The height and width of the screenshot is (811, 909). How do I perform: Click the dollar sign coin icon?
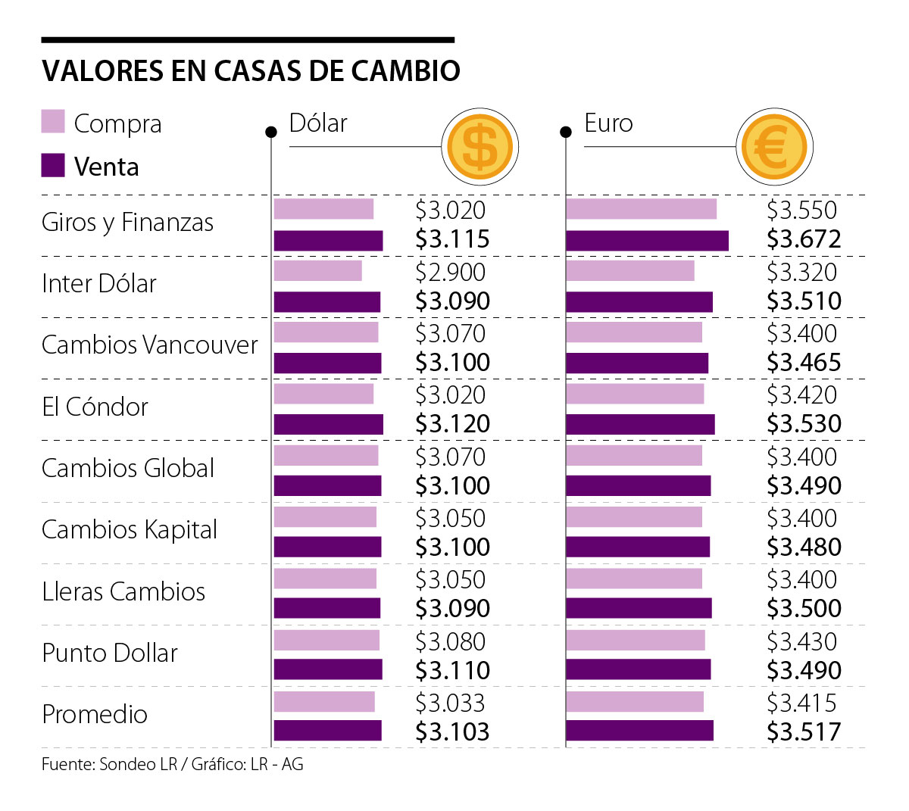[479, 147]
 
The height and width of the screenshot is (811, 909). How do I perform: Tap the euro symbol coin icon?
[773, 147]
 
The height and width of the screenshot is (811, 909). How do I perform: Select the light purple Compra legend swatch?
[53, 122]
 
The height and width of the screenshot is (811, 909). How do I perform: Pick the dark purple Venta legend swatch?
[53, 165]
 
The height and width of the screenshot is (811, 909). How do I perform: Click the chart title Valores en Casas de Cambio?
[251, 70]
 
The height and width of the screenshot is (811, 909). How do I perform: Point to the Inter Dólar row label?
[99, 284]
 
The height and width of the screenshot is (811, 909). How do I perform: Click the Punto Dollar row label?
[110, 653]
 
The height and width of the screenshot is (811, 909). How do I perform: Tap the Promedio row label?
[95, 714]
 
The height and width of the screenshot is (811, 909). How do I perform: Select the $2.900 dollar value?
[450, 272]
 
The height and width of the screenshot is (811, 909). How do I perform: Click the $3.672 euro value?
[804, 239]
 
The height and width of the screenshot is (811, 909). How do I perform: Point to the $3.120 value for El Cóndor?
[452, 423]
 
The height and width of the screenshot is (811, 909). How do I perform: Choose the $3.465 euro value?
[804, 362]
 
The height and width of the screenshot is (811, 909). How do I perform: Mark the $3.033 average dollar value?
[450, 703]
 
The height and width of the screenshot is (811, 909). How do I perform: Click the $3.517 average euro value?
[804, 731]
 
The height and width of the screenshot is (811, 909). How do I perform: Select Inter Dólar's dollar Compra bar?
[318, 270]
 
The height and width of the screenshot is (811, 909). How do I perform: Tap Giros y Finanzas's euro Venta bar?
[647, 241]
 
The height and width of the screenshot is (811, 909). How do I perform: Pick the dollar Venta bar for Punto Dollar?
[328, 669]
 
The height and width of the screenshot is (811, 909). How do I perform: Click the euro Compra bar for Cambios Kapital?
[634, 516]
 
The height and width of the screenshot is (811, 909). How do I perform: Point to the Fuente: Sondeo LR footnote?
[172, 765]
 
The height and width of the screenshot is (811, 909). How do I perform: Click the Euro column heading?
[608, 123]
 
